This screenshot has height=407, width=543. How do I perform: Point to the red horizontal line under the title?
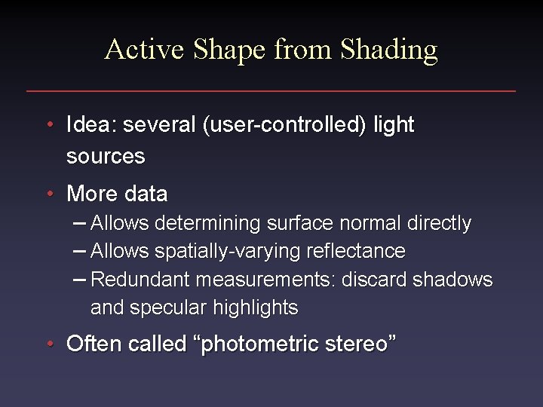[271, 91]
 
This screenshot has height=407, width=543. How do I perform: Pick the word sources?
[106, 157]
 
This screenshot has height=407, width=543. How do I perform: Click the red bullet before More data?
[48, 194]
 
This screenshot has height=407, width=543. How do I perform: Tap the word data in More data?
[147, 194]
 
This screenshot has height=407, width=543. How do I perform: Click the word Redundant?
[140, 280]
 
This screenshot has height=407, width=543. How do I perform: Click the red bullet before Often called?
[48, 344]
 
